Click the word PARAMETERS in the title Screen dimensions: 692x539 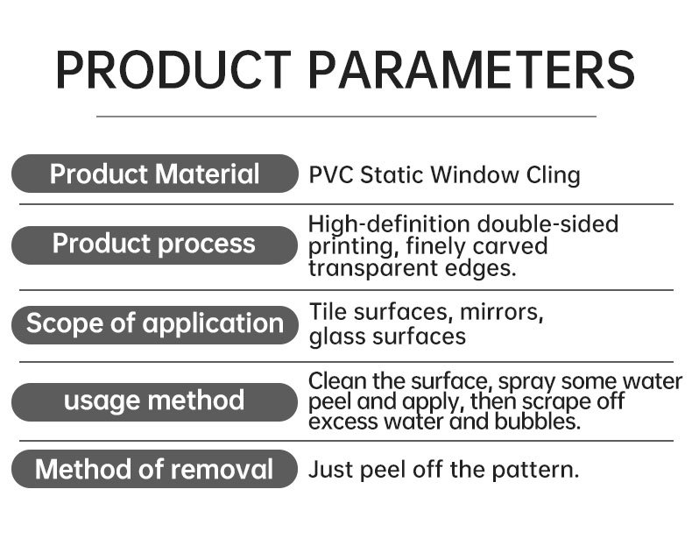click(471, 70)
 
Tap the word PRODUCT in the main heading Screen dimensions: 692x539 click(173, 70)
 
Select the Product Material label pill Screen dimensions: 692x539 click(154, 174)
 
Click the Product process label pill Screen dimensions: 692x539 click(154, 245)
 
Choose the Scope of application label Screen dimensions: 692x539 click(154, 324)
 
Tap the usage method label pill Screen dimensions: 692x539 click(154, 401)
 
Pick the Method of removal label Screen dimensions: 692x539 click(154, 469)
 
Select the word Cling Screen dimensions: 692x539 click(553, 175)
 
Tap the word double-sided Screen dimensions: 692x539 click(547, 223)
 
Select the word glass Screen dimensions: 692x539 click(337, 337)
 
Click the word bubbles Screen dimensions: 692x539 click(537, 422)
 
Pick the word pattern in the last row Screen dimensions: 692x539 click(535, 470)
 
